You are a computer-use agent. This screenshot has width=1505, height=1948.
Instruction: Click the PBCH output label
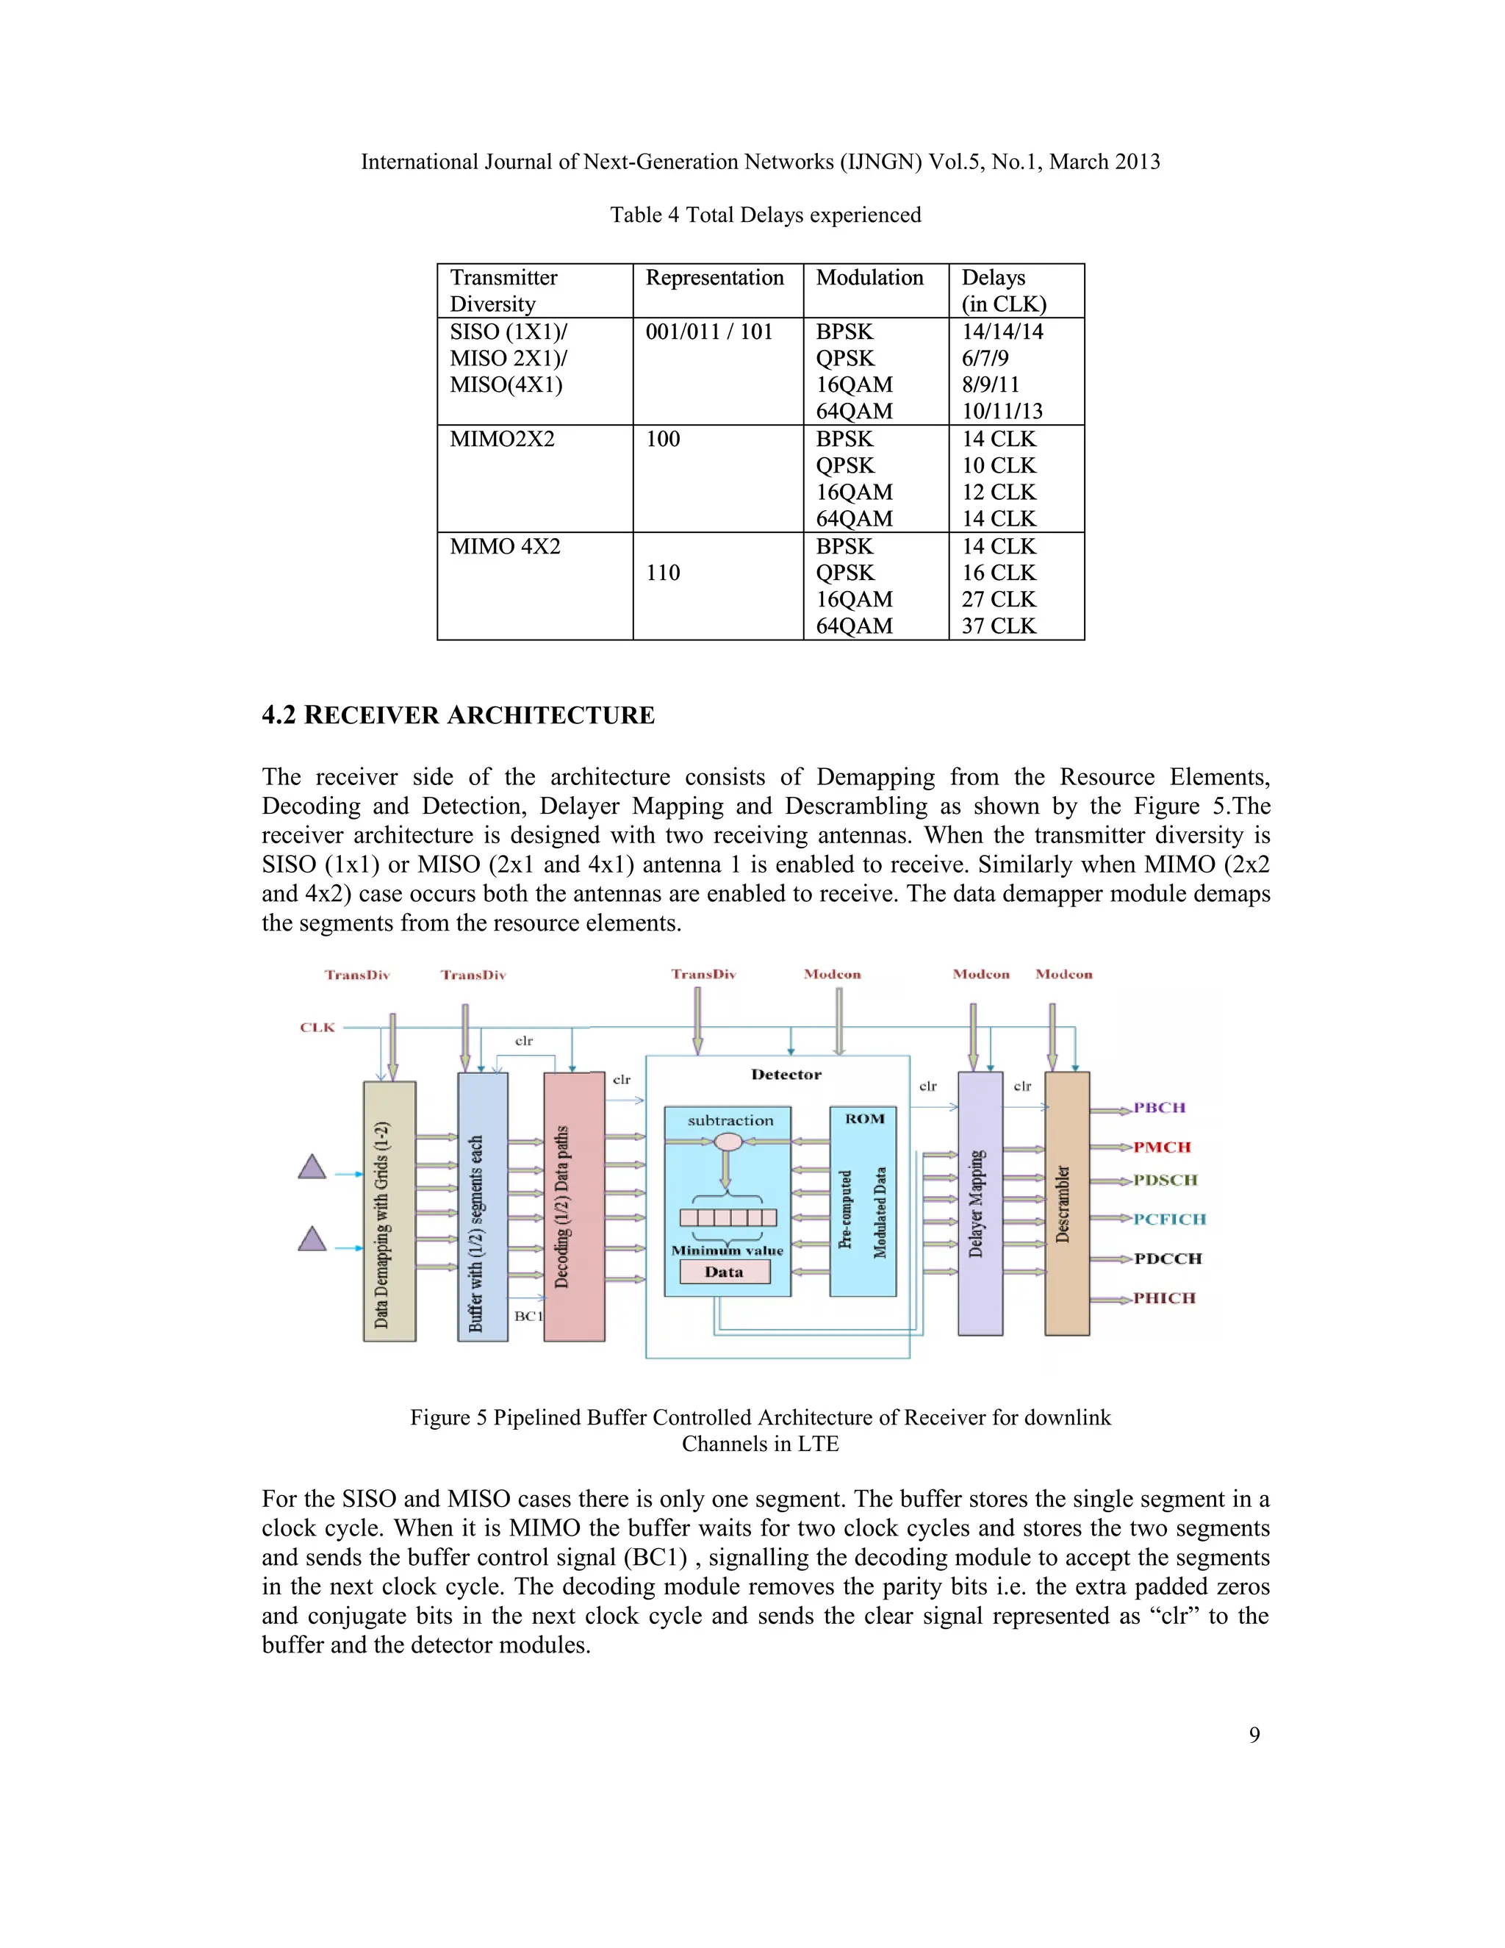click(x=1159, y=1108)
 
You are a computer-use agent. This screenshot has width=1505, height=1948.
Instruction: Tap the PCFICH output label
click(x=1169, y=1220)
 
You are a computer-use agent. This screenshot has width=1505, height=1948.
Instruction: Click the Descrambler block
click(x=1066, y=1204)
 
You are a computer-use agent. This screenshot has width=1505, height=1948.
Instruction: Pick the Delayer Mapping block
click(x=979, y=1204)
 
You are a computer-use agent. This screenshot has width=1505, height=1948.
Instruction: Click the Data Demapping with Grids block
click(x=389, y=1211)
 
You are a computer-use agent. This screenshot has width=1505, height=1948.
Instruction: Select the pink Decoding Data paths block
click(x=573, y=1207)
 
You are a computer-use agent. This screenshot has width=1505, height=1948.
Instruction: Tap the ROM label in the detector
click(x=864, y=1119)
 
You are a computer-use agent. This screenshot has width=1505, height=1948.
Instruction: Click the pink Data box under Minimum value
click(x=724, y=1272)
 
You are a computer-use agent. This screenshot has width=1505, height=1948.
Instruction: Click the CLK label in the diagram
click(x=317, y=1028)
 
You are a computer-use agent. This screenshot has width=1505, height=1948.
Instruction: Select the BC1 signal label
click(x=528, y=1316)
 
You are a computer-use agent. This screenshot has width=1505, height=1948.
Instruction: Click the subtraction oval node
click(x=728, y=1142)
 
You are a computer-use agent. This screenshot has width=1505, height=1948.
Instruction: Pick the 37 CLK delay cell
click(x=999, y=626)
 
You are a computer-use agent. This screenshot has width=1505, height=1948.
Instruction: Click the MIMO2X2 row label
click(x=502, y=439)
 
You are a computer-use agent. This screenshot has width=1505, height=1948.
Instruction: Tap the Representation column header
click(x=714, y=279)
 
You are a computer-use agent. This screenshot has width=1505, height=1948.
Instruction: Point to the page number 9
click(x=1254, y=1735)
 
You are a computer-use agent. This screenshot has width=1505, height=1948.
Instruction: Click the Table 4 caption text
click(x=765, y=215)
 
